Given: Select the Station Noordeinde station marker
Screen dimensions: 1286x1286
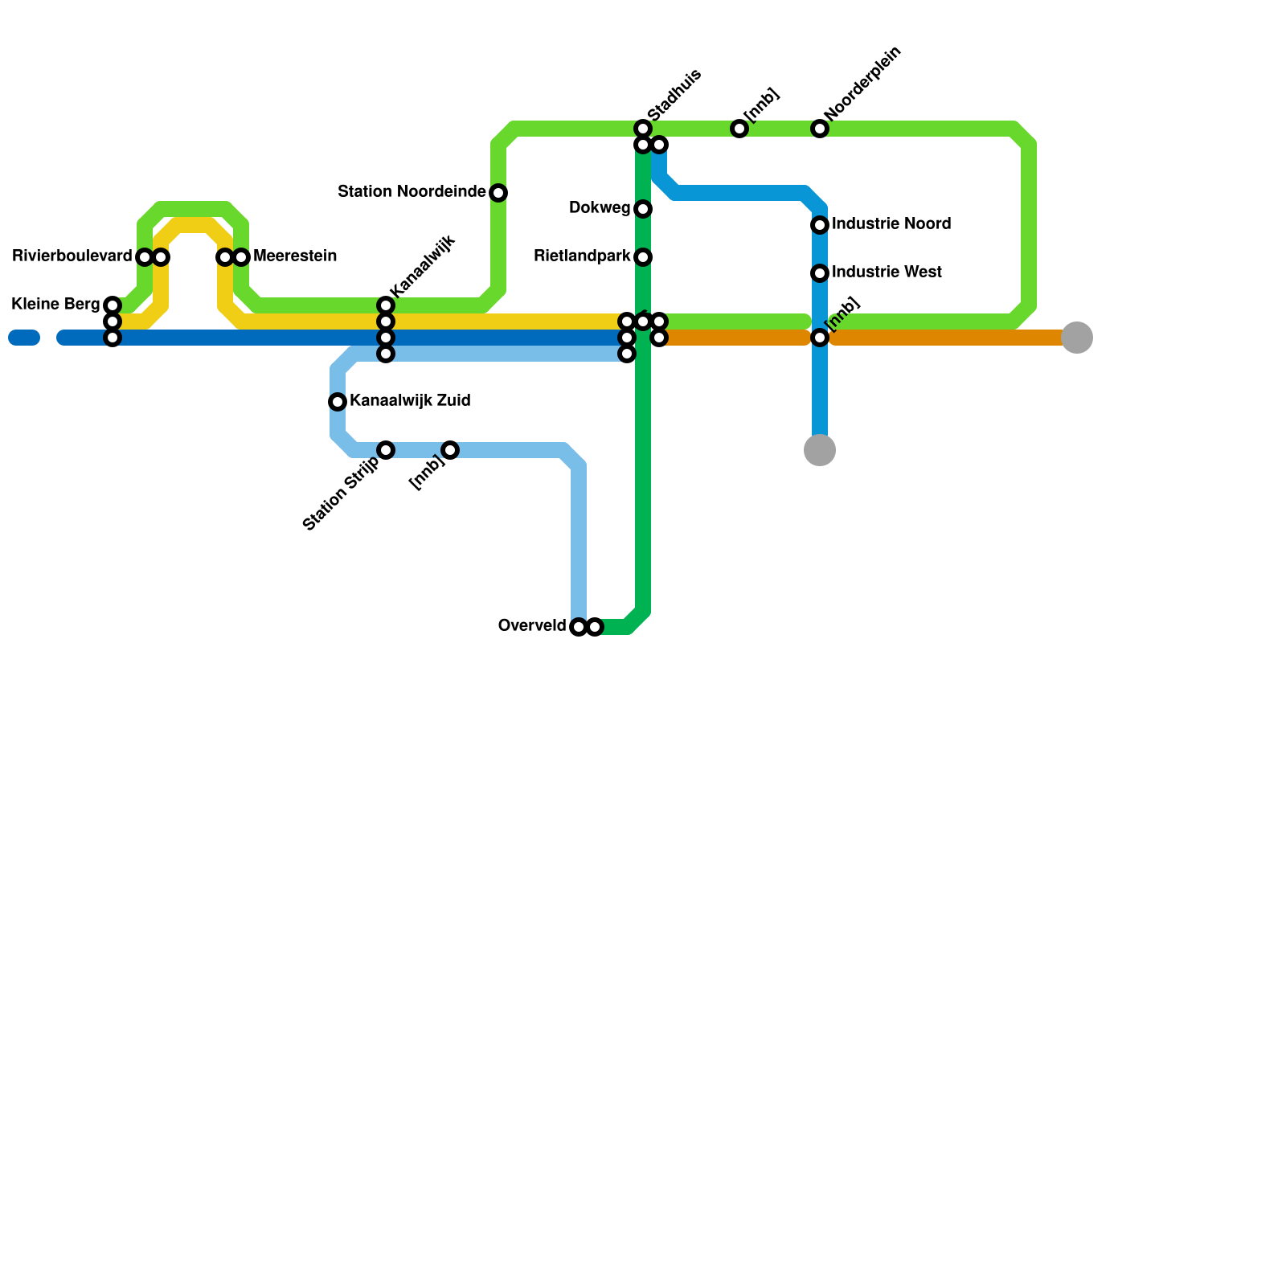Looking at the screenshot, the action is [498, 193].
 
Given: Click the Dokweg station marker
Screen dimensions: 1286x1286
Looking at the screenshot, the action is [643, 209].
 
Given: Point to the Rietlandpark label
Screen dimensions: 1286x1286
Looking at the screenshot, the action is [582, 256].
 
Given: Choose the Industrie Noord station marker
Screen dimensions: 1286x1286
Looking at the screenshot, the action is [820, 225].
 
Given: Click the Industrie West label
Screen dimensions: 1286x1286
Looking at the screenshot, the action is [887, 272].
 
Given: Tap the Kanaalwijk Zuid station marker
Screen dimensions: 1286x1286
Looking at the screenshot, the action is [338, 402].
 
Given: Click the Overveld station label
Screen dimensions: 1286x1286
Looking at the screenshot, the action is [532, 626].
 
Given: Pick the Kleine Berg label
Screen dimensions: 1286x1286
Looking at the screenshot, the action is [55, 305].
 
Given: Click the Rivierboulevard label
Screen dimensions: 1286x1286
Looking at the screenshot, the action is [72, 256].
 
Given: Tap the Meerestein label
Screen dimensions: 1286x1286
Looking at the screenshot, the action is [295, 256].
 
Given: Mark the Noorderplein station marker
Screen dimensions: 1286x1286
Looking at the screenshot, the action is [820, 129].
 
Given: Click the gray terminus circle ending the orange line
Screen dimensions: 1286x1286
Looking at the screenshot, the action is [1077, 338].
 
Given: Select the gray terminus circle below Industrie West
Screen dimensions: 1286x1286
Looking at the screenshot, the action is [820, 450].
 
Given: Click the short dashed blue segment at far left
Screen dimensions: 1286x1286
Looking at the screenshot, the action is [24, 338].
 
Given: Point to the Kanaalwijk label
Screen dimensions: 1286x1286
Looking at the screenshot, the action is [423, 265].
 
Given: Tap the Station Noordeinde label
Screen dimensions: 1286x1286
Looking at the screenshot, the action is [412, 192].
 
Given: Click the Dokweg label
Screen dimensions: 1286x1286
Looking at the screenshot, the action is [600, 208].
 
